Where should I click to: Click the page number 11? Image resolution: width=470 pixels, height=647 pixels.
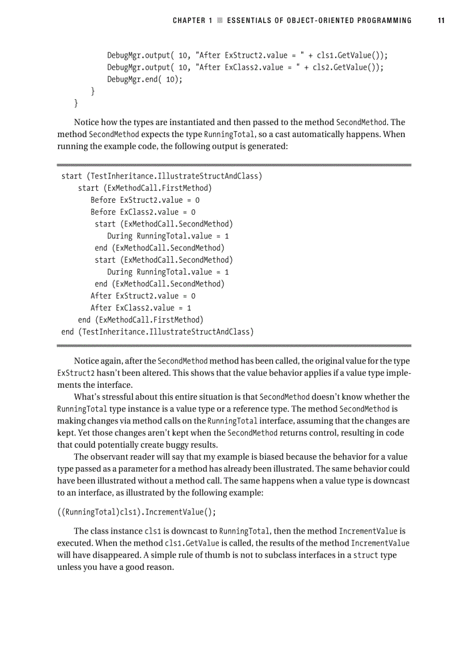441,21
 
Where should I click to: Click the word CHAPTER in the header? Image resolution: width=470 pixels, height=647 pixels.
189,21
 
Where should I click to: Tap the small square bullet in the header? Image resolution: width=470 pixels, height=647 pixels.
219,21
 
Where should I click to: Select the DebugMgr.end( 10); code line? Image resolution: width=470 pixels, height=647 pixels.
145,80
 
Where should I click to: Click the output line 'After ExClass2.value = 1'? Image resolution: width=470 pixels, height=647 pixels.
141,308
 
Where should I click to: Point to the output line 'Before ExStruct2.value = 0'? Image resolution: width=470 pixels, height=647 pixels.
145,200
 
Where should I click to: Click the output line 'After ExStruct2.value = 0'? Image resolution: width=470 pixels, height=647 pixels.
143,296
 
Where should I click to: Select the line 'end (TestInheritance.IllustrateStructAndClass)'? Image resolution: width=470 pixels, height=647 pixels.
157,332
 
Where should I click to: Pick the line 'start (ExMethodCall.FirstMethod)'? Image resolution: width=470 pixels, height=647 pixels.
145,188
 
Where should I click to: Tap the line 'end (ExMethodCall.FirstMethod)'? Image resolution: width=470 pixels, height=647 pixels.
141,320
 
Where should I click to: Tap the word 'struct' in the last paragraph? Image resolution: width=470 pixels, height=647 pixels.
365,555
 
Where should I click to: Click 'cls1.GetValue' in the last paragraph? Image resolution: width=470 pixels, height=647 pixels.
192,543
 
